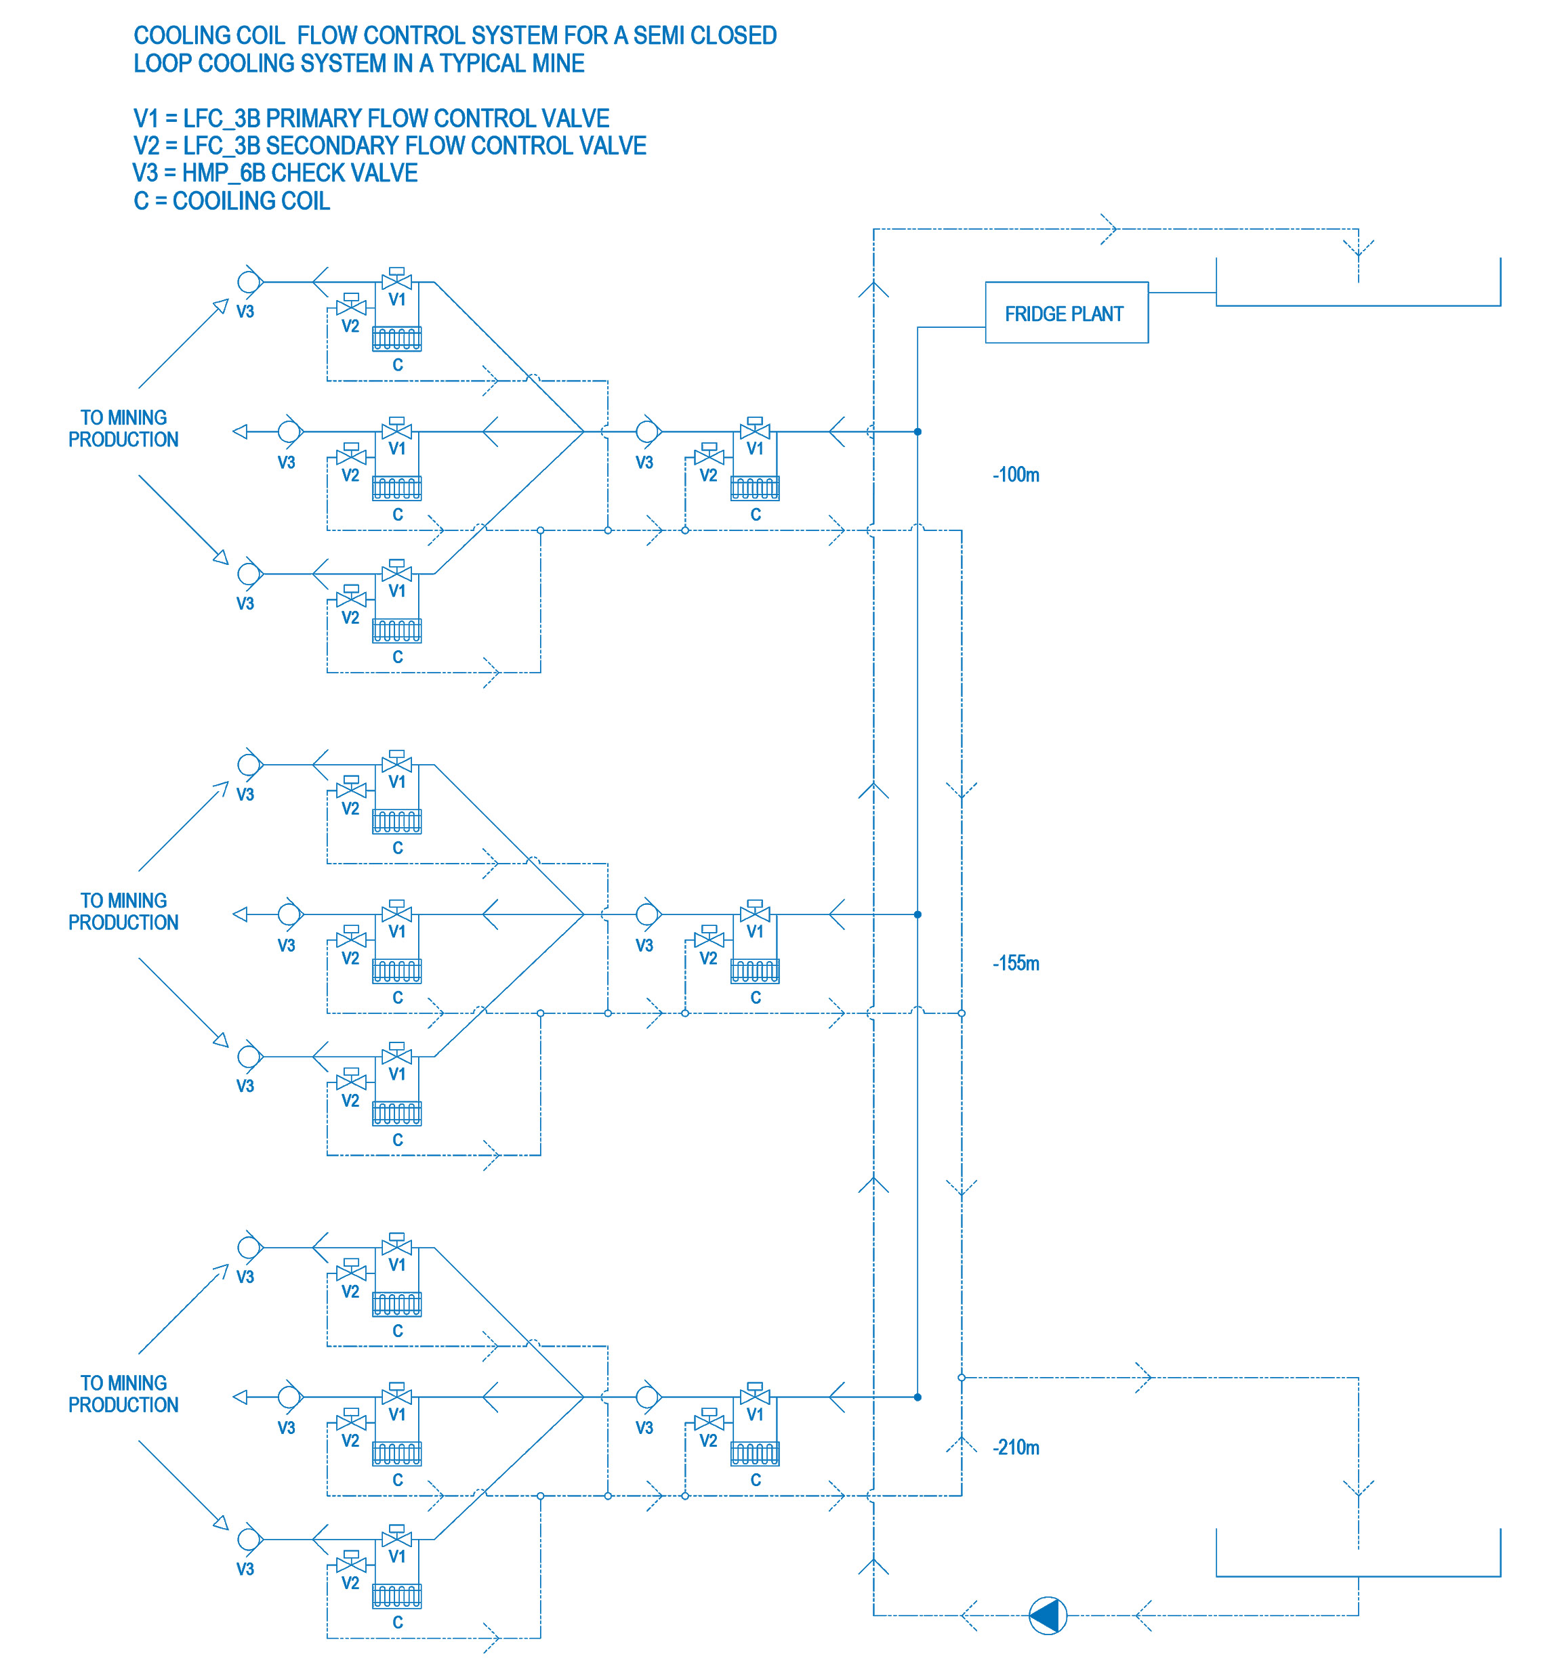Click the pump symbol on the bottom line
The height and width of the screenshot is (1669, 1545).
(1048, 1615)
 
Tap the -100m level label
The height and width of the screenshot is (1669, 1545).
(1016, 475)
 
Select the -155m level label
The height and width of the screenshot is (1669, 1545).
(1016, 963)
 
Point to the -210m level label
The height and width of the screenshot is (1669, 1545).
(1016, 1448)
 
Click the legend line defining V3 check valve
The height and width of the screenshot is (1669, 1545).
(275, 173)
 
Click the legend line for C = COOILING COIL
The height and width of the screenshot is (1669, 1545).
(232, 200)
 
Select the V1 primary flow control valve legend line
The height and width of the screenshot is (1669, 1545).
(371, 118)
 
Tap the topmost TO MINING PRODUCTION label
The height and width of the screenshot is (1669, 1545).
(124, 428)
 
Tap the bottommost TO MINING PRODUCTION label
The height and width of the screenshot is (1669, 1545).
(124, 1394)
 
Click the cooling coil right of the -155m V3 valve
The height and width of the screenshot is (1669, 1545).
(755, 971)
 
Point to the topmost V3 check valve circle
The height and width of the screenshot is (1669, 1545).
(249, 282)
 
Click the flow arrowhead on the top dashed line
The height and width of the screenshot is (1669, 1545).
(1109, 228)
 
